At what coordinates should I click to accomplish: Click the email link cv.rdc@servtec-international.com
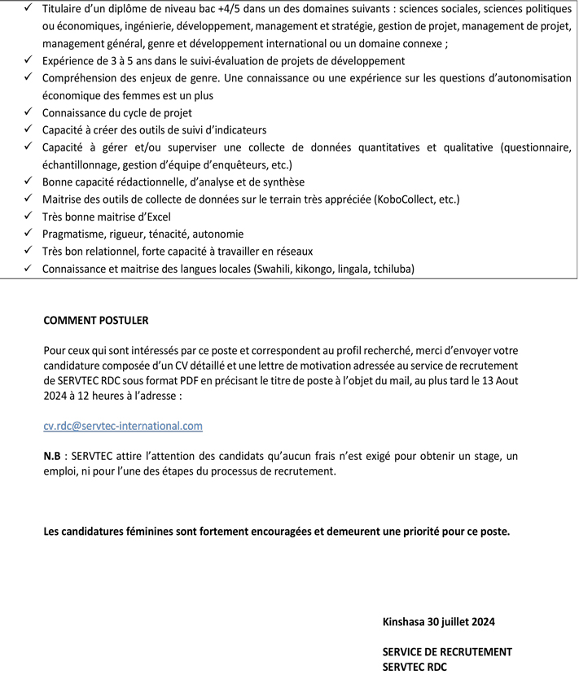point(123,426)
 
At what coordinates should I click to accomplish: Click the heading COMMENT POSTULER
point(96,321)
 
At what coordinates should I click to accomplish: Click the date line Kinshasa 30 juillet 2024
point(438,622)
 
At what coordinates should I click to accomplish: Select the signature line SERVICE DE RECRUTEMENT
point(447,652)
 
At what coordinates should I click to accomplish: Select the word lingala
point(345,269)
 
